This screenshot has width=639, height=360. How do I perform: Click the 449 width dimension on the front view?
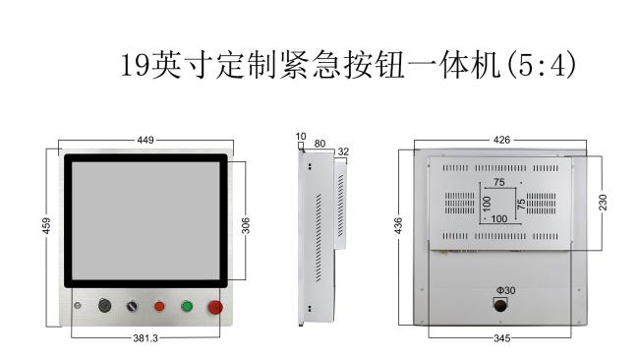(145, 141)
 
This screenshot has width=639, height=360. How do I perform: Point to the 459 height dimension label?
(46, 226)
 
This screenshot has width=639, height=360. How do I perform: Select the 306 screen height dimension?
(246, 226)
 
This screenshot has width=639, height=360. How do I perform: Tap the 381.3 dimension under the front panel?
(145, 338)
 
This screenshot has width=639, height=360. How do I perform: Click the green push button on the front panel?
(187, 306)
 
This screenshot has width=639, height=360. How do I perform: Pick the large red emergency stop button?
(215, 308)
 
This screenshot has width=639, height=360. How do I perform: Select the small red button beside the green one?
(159, 306)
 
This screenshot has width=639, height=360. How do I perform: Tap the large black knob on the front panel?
(105, 305)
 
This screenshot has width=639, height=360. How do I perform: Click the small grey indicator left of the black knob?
(77, 305)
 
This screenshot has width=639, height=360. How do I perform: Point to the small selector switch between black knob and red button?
(132, 306)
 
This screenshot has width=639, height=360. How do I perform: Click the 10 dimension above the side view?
(301, 137)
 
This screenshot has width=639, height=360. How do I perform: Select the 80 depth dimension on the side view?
(319, 144)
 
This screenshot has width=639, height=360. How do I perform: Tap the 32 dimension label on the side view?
(343, 151)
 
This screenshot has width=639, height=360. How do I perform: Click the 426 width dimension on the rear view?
(501, 141)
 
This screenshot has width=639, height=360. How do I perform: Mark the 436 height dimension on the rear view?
(398, 226)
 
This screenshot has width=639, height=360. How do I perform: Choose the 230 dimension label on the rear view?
(603, 203)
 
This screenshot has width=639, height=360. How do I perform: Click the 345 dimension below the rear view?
(501, 338)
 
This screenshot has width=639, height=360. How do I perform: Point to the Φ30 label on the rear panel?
(505, 290)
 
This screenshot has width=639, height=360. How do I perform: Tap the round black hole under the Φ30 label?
(500, 305)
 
